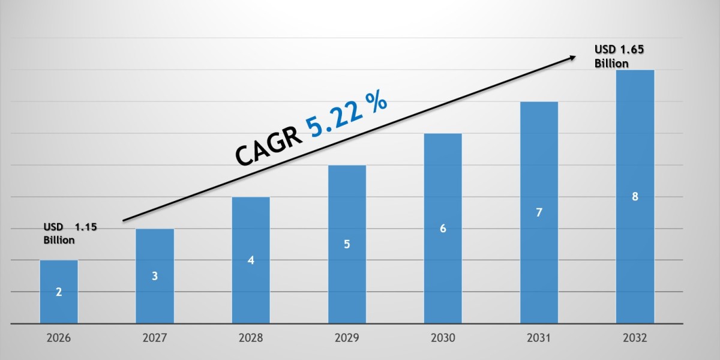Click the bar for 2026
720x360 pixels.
click(x=59, y=292)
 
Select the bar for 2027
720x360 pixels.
click(x=155, y=276)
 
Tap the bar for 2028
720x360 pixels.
click(x=251, y=260)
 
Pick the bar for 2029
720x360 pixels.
click(x=347, y=244)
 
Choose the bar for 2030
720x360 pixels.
click(x=443, y=228)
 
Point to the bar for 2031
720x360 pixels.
click(x=539, y=212)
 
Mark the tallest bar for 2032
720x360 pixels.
click(x=635, y=196)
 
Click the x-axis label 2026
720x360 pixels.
click(x=59, y=338)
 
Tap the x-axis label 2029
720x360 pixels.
click(x=347, y=338)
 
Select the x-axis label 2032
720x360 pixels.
click(x=635, y=338)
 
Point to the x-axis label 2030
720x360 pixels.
click(x=443, y=338)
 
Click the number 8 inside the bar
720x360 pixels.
click(x=635, y=196)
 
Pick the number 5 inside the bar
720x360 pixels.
click(x=347, y=244)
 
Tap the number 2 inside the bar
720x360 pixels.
click(x=59, y=292)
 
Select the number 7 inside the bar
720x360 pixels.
click(x=539, y=212)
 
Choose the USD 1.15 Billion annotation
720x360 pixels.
click(x=69, y=233)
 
